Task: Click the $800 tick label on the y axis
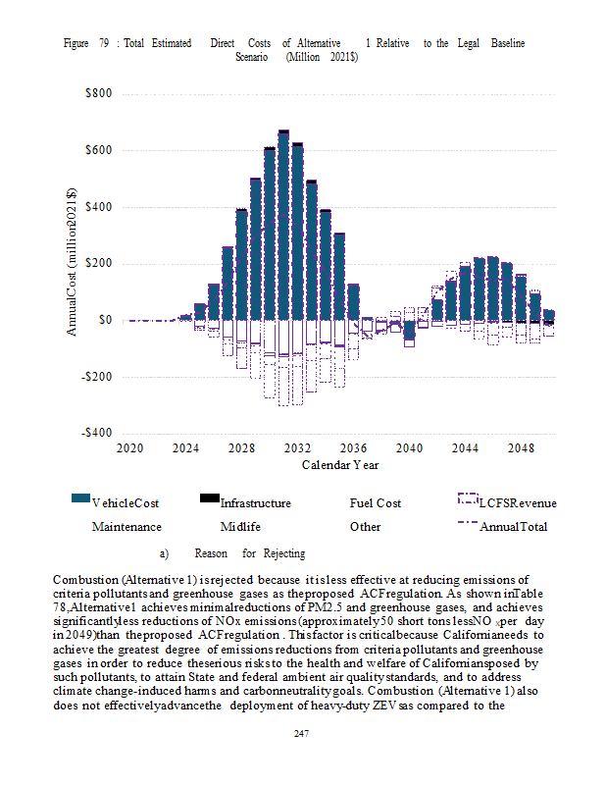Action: click(x=97, y=94)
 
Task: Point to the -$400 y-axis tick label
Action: click(x=95, y=434)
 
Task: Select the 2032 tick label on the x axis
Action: click(x=298, y=447)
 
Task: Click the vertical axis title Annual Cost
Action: click(x=72, y=264)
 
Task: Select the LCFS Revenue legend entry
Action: click(x=517, y=503)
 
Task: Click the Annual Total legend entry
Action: click(x=513, y=527)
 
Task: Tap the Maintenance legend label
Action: click(x=126, y=527)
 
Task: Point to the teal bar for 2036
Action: click(x=353, y=302)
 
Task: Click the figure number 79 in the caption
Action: click(x=103, y=44)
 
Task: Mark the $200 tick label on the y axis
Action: click(x=97, y=264)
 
